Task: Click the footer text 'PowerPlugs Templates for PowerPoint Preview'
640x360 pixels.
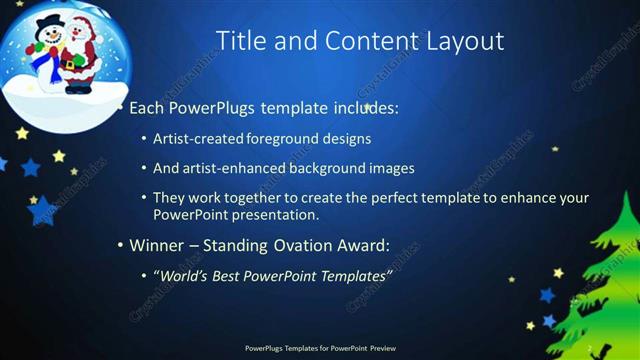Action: point(320,348)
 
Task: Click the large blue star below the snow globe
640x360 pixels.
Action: point(42,210)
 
